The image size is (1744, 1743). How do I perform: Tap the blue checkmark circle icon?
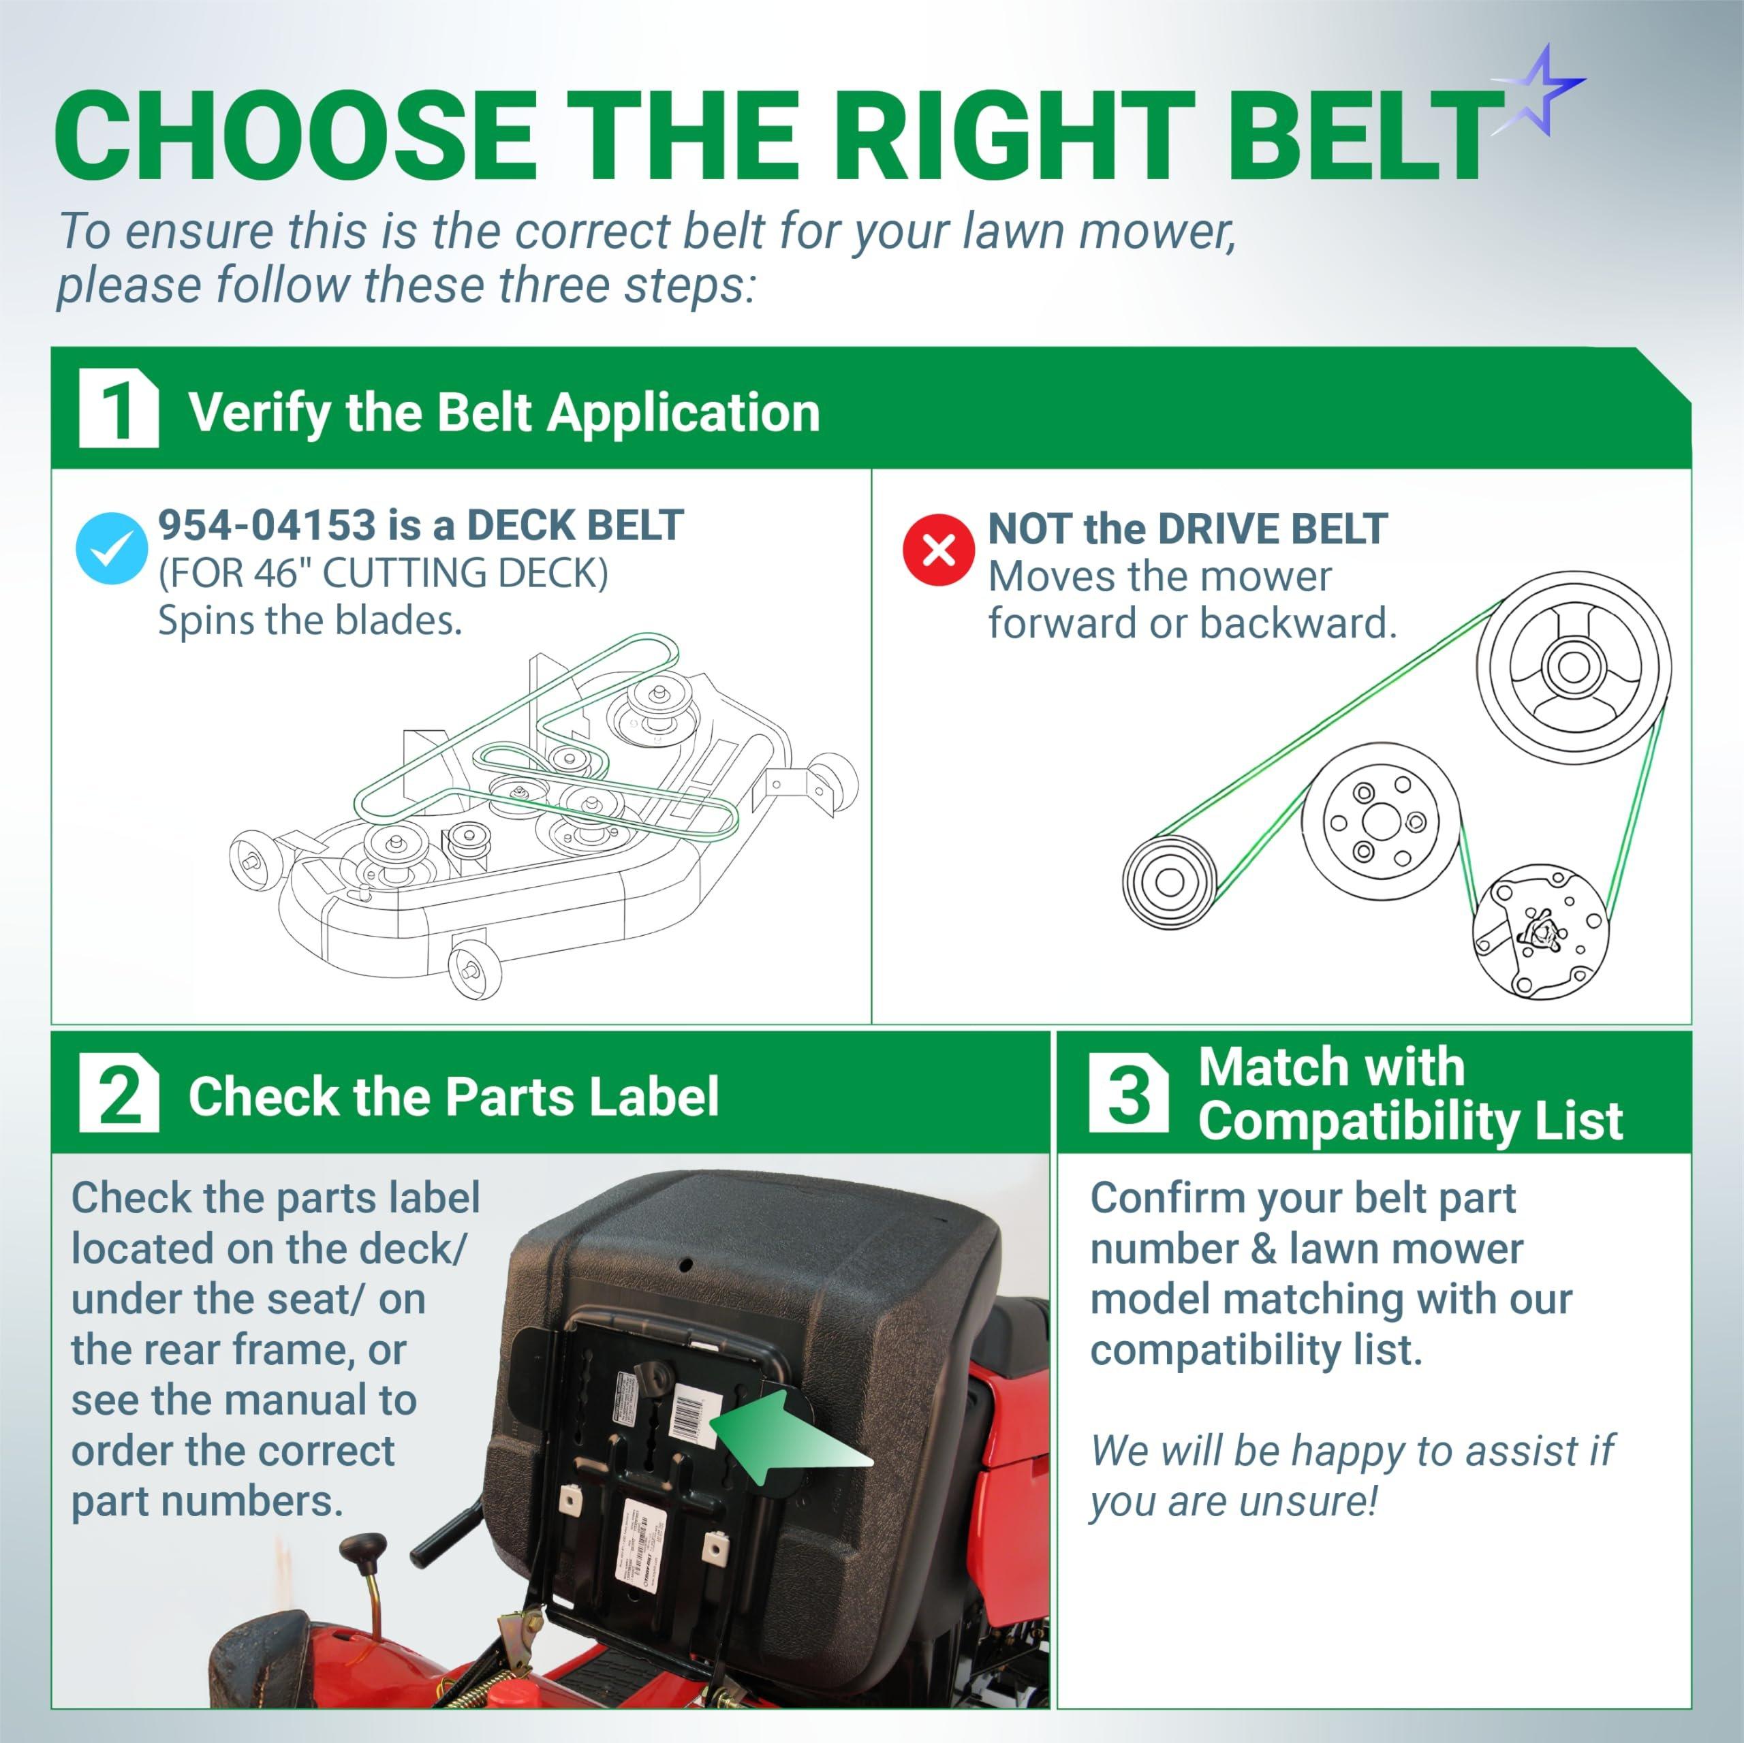(x=112, y=548)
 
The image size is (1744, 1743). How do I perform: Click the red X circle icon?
(x=939, y=550)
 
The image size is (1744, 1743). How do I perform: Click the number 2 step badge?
(x=119, y=1094)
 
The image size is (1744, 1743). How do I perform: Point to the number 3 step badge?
(x=1127, y=1093)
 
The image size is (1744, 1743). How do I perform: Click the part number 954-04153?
(x=266, y=525)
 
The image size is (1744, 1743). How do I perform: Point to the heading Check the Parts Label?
(x=453, y=1097)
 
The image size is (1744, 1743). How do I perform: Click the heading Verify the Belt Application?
(x=503, y=413)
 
